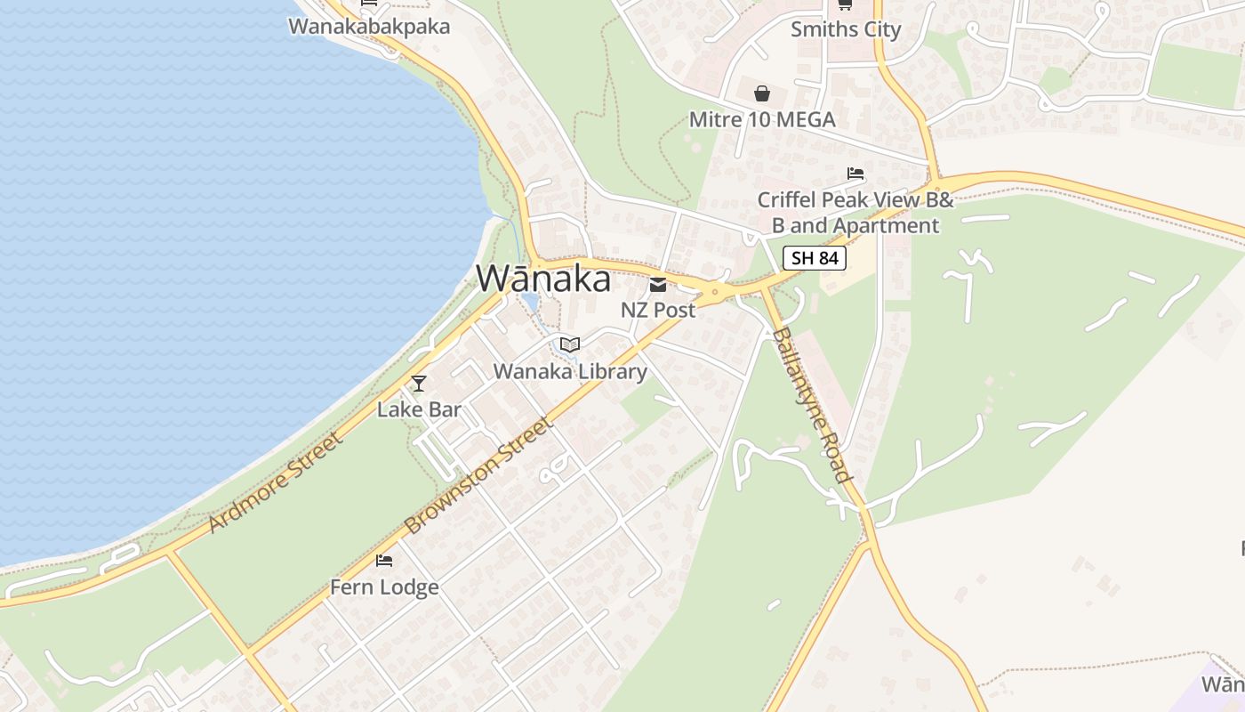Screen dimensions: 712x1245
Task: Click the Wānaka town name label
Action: (x=543, y=279)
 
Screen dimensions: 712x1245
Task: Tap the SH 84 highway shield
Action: (x=814, y=258)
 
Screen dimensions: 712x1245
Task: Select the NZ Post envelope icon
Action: (x=658, y=285)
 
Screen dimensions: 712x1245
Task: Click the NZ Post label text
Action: (x=658, y=310)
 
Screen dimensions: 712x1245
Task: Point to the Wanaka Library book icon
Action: (x=570, y=344)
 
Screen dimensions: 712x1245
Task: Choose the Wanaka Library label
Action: (x=570, y=371)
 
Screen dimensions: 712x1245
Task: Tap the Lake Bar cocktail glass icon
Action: (x=419, y=384)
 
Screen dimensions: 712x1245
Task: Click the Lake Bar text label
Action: (x=419, y=409)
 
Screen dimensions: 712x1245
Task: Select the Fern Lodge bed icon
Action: (x=384, y=561)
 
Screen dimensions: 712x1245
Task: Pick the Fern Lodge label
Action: (x=384, y=587)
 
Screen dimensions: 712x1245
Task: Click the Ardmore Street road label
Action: (x=276, y=483)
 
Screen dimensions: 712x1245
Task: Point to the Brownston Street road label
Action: (x=478, y=476)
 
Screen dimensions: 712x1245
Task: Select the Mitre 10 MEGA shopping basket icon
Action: (x=762, y=93)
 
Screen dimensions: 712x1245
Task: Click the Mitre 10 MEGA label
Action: (x=762, y=119)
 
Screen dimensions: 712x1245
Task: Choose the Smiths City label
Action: (x=846, y=29)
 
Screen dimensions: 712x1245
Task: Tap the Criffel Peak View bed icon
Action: (x=855, y=174)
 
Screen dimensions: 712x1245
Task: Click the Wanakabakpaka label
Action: (x=369, y=27)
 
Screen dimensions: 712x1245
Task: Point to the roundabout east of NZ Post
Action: (x=714, y=291)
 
